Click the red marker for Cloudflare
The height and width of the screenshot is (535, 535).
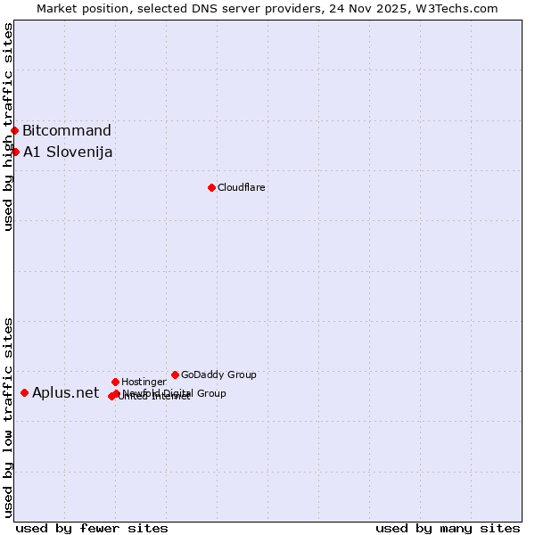tap(211, 187)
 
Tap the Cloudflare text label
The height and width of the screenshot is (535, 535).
tap(241, 187)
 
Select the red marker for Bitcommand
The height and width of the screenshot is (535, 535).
tap(14, 131)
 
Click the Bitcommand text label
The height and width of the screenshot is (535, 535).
tap(67, 131)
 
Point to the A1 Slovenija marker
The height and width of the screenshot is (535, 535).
tap(15, 152)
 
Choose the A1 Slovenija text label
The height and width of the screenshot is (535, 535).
tap(68, 152)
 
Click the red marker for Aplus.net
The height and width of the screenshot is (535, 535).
tap(24, 392)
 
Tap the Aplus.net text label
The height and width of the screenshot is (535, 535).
tap(65, 392)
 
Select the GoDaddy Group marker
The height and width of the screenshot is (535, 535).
tap(175, 374)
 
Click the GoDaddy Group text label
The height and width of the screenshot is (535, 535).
tap(218, 374)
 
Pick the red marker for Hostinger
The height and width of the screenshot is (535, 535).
tap(115, 382)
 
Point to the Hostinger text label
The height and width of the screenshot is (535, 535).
tap(144, 382)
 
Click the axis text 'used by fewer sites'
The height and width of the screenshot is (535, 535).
tap(92, 528)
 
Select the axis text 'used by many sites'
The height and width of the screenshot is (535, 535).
tap(448, 528)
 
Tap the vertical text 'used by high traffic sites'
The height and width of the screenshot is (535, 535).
tap(8, 127)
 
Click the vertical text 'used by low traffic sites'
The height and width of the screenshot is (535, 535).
tap(8, 417)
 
